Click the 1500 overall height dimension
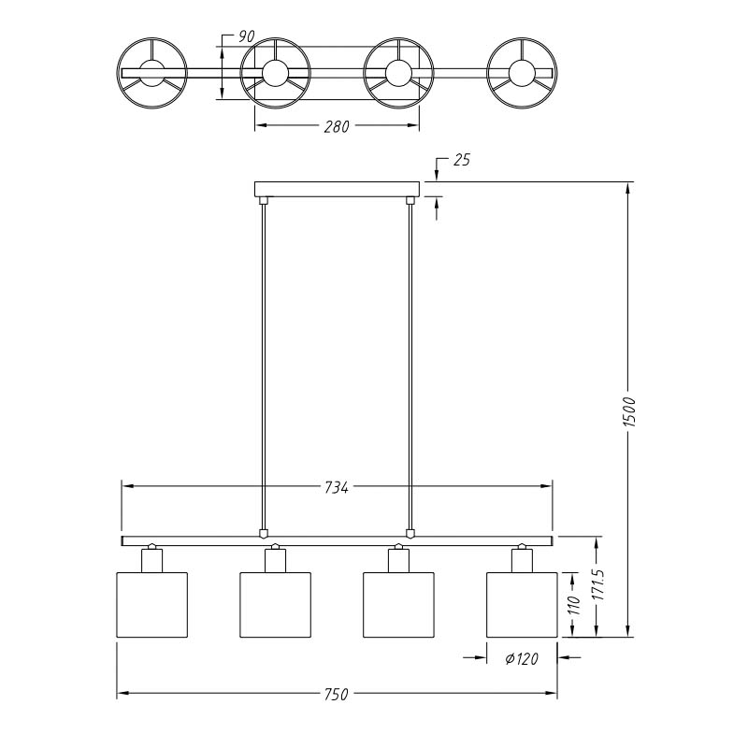click(x=629, y=411)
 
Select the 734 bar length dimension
click(x=337, y=487)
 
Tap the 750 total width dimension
click(x=337, y=694)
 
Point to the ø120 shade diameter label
click(x=522, y=659)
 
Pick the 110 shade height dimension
click(x=574, y=605)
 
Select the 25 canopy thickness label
click(x=461, y=160)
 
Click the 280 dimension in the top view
click(x=337, y=126)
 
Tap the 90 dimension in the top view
click(x=246, y=36)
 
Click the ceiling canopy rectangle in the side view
click(x=337, y=189)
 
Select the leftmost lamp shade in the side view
click(x=152, y=604)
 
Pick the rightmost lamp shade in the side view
click(x=522, y=604)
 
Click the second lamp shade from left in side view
click(x=275, y=604)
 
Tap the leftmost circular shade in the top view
click(x=152, y=73)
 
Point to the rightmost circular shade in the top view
click(x=522, y=73)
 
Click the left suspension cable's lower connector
click(x=263, y=533)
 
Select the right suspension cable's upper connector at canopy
click(x=410, y=200)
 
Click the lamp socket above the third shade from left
click(x=398, y=560)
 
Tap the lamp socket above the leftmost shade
click(x=152, y=560)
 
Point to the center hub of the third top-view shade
click(x=398, y=73)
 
